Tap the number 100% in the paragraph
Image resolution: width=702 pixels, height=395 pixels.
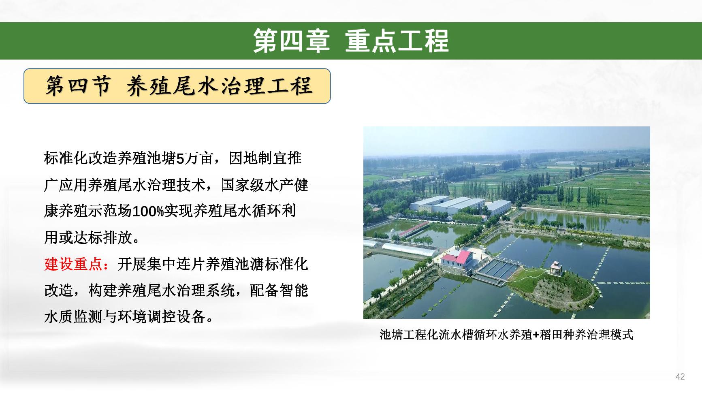tap(148, 211)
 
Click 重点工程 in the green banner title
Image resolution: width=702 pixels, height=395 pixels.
tap(397, 41)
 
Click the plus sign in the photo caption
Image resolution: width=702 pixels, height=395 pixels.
tap(536, 335)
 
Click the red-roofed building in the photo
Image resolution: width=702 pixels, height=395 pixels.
tap(457, 259)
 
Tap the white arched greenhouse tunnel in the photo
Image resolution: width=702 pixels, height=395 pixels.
tap(409, 250)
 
